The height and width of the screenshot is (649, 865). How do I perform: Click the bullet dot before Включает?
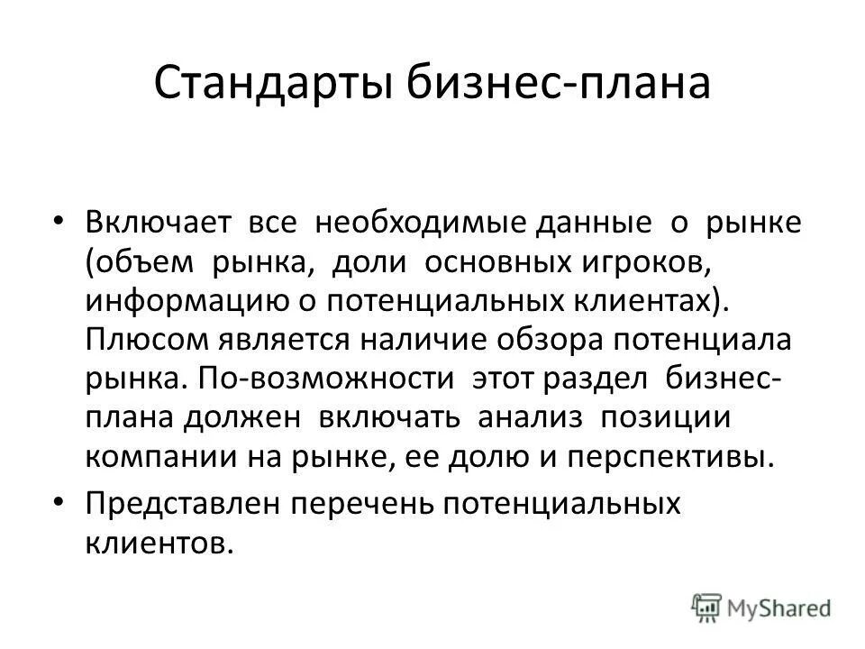(59, 198)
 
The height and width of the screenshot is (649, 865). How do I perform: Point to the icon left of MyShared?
(707, 606)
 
